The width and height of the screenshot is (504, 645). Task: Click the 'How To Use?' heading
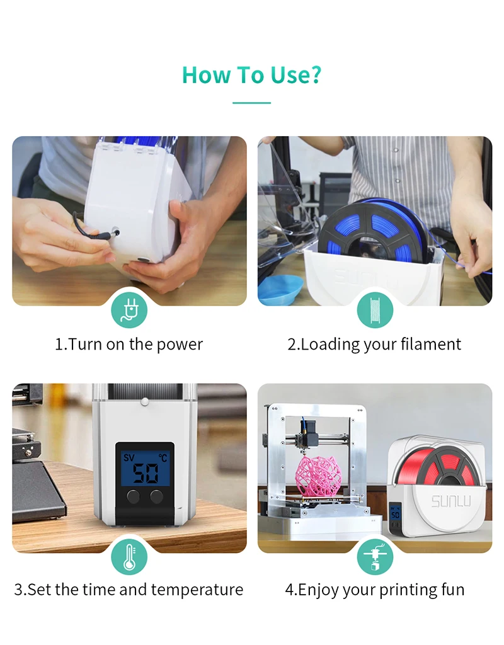click(x=251, y=75)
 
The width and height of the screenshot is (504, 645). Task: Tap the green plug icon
click(x=129, y=310)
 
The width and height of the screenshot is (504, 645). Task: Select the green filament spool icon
click(x=375, y=310)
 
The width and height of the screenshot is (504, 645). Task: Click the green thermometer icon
click(x=129, y=557)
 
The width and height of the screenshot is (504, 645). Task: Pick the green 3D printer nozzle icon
click(x=375, y=557)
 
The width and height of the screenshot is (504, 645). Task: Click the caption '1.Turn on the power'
click(x=129, y=345)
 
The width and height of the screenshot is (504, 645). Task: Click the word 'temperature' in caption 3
click(x=197, y=590)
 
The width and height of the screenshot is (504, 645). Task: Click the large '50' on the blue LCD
click(x=146, y=474)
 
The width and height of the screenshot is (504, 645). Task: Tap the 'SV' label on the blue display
click(x=129, y=457)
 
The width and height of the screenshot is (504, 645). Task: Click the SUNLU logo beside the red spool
click(x=451, y=501)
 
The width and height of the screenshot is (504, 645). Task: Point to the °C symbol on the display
click(x=163, y=458)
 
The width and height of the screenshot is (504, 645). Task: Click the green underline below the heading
click(x=251, y=103)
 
